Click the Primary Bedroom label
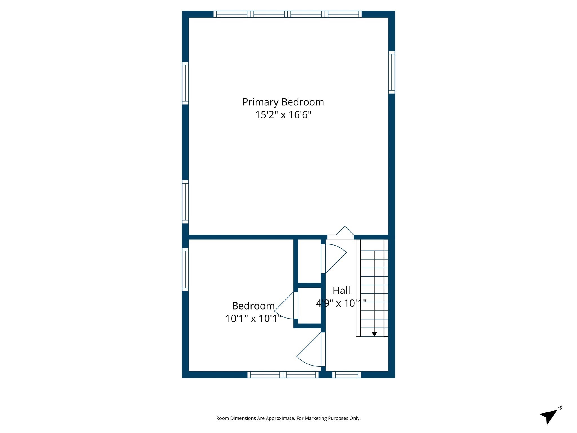(x=283, y=102)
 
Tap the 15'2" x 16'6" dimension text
(x=283, y=115)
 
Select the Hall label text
(x=341, y=290)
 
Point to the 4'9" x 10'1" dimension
(x=341, y=303)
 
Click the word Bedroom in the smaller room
(x=253, y=306)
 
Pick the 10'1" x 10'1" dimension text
(x=253, y=319)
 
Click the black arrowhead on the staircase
(x=374, y=334)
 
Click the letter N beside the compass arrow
(x=561, y=408)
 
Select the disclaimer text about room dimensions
(x=288, y=418)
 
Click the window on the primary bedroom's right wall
(x=391, y=72)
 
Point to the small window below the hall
(x=347, y=375)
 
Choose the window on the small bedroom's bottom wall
(x=283, y=375)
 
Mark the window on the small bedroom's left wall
(x=185, y=269)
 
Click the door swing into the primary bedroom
(x=345, y=232)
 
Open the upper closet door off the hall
(x=334, y=258)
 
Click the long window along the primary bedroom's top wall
(x=287, y=14)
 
